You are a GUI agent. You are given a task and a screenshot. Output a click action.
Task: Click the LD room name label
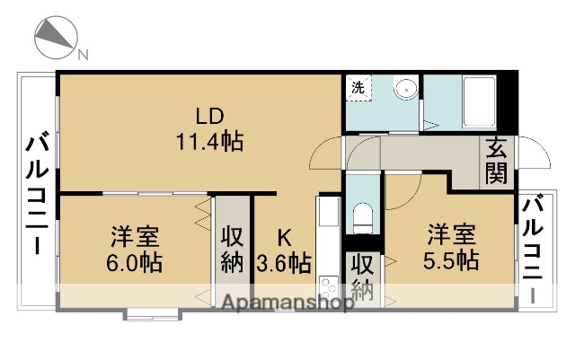[209, 116]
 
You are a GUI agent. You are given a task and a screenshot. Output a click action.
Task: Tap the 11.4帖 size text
[209, 141]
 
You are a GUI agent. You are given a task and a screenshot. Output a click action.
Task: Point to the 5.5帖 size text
[452, 259]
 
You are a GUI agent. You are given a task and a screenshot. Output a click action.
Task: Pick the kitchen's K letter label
[284, 238]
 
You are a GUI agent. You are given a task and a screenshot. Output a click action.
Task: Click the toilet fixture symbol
[364, 216]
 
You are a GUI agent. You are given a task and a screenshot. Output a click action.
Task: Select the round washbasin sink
[406, 89]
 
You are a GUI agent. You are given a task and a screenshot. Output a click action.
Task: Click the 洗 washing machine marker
[358, 87]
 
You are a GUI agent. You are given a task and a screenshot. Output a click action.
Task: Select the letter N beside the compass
[83, 54]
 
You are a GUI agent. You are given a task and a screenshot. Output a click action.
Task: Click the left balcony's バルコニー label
[39, 193]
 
